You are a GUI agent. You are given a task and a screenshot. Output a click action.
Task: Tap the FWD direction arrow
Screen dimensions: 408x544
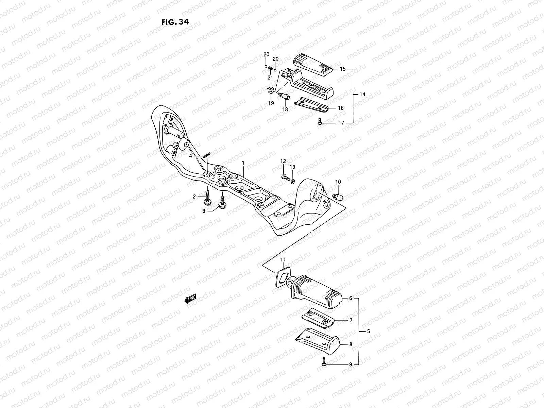190,299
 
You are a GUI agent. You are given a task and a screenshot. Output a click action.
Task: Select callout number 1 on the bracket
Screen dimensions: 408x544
243,163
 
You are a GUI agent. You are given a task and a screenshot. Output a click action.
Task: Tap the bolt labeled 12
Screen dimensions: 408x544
285,176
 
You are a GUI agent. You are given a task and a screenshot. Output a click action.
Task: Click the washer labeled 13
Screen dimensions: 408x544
293,180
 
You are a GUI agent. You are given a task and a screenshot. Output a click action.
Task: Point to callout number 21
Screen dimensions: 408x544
270,78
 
